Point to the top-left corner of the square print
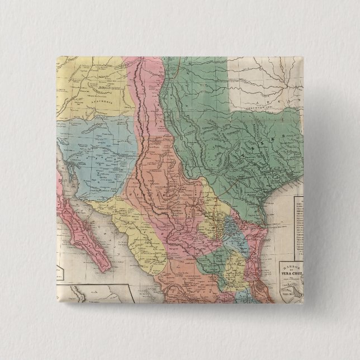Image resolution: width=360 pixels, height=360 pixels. [x=58, y=56]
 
